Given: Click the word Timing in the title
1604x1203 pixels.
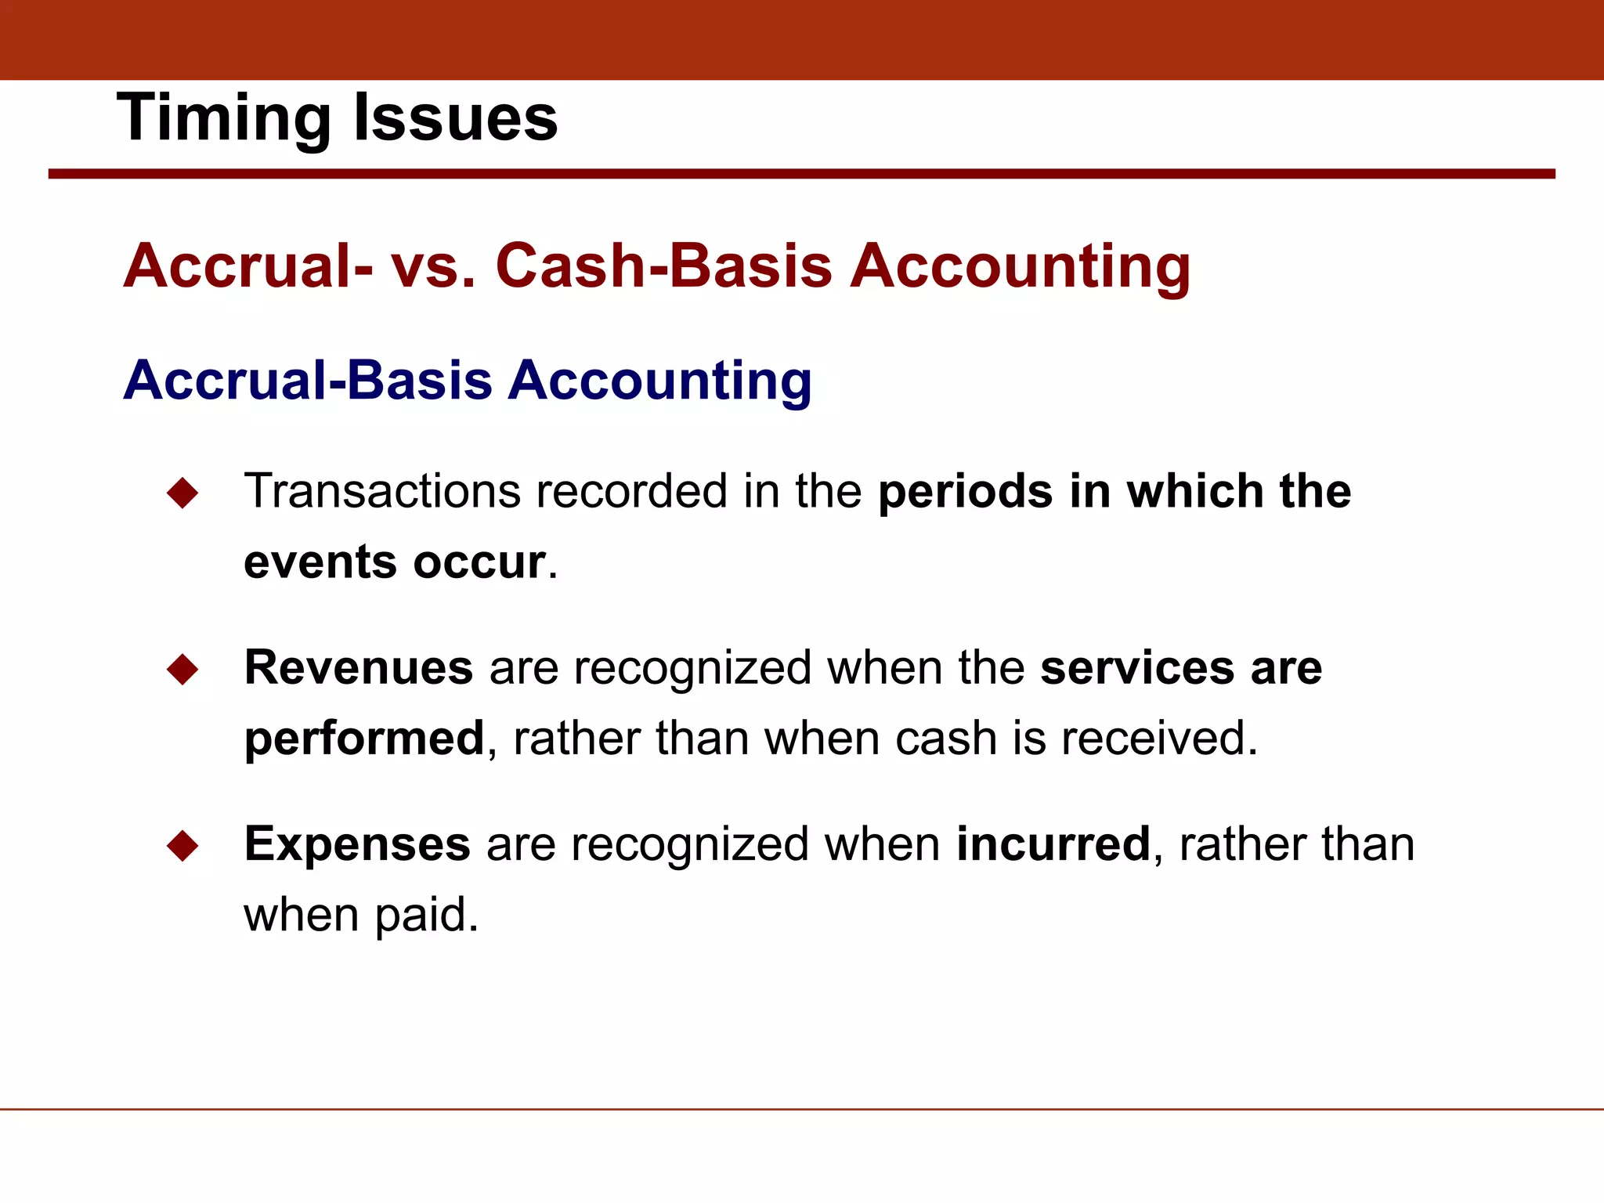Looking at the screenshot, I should point(224,117).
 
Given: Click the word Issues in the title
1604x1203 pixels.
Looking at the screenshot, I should point(455,117).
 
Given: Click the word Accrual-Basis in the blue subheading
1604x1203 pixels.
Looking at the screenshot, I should point(308,380).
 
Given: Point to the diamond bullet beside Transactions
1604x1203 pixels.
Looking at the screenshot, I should point(182,493).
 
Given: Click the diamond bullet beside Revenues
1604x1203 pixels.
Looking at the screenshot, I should point(182,670).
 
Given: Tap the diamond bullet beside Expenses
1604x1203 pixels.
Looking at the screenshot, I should point(182,846).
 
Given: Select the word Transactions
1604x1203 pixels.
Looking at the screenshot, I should point(382,491).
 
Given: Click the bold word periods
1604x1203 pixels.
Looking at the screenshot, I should point(965,493).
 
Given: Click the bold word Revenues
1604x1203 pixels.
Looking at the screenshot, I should point(359,667).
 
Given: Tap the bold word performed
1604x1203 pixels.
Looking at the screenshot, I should point(364,739).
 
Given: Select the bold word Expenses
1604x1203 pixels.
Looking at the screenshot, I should point(357,844).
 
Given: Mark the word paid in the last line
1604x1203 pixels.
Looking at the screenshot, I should point(426,915).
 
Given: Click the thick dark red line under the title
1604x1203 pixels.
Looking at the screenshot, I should point(801,174).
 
